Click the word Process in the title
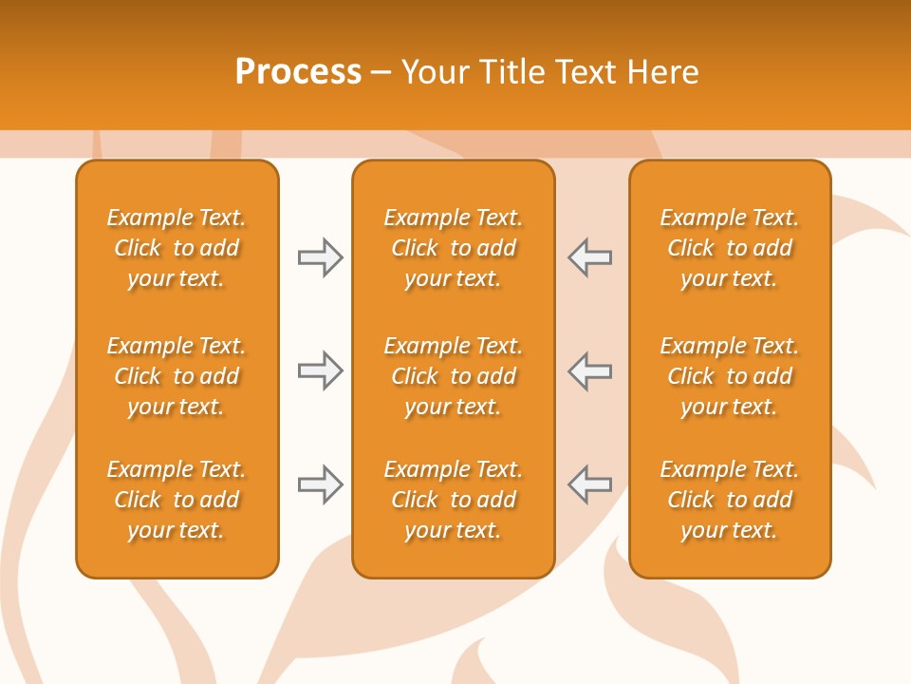(298, 72)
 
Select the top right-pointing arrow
(320, 257)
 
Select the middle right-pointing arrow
(320, 370)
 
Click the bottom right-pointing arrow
(320, 484)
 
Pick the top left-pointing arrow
(590, 257)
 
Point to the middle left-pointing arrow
(590, 370)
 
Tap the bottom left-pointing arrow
(590, 484)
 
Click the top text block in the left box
(177, 248)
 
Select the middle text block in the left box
(177, 376)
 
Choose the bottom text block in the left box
(177, 500)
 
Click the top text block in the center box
(453, 248)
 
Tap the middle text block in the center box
(453, 376)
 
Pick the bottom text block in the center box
(453, 500)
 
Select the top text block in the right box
(729, 248)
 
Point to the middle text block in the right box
(729, 376)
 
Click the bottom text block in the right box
(729, 500)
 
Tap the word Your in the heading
(435, 72)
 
